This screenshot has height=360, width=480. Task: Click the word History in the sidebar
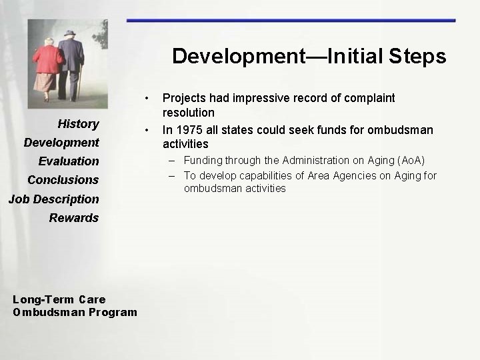tap(78, 123)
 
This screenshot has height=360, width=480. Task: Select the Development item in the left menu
tap(61, 142)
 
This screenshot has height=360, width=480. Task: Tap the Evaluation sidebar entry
tap(69, 161)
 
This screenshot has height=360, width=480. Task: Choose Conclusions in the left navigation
tap(63, 179)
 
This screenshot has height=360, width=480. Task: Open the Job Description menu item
tap(53, 199)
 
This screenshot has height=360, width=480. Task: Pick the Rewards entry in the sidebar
tap(73, 217)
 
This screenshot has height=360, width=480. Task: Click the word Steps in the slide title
tap(418, 56)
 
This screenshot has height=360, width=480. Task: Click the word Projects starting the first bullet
tap(184, 98)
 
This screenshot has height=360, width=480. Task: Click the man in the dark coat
tap(70, 60)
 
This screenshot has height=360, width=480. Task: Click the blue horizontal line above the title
tap(291, 21)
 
